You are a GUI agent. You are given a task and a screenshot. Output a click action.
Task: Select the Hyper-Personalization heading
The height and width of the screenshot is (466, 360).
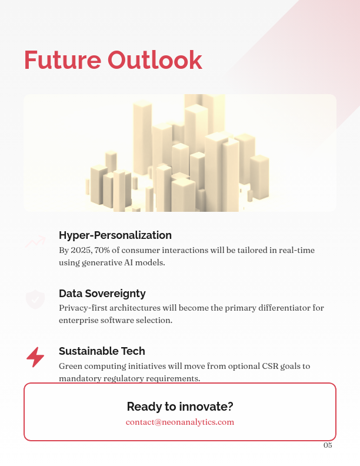(115, 235)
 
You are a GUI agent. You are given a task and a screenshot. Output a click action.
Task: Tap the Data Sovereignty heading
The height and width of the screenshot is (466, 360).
(102, 293)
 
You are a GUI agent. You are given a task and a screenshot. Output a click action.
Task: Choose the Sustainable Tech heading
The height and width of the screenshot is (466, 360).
(102, 351)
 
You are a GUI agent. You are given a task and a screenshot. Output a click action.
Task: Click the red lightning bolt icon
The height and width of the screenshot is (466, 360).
(35, 357)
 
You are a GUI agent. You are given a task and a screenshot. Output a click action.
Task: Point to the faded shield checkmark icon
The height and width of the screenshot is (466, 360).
(35, 299)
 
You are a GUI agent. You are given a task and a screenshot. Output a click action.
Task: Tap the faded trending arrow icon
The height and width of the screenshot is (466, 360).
(35, 241)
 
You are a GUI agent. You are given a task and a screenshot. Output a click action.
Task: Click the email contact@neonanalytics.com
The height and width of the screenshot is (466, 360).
(180, 422)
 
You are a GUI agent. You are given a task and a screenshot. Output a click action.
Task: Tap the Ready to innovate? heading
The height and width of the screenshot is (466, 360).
(180, 407)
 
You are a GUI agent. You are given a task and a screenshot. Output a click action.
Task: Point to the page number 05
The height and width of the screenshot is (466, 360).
(328, 445)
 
